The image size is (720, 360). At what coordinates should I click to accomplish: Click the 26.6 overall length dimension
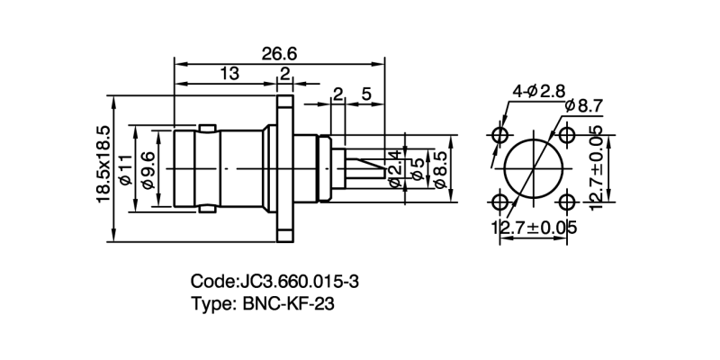click(x=280, y=53)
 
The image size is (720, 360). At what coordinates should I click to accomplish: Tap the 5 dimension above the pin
click(x=366, y=94)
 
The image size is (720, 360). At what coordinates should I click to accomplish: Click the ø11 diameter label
click(x=126, y=169)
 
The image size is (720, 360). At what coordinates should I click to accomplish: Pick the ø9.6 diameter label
click(x=149, y=169)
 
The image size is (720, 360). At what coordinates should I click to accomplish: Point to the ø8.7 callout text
click(x=584, y=107)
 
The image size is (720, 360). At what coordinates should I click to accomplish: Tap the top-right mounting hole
click(x=567, y=135)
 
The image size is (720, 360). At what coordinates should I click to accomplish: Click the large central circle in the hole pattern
click(x=534, y=168)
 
